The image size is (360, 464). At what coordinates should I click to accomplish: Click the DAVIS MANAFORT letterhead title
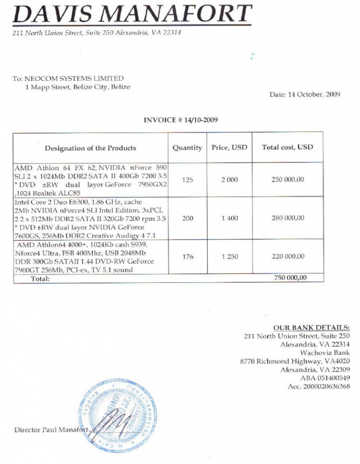131,14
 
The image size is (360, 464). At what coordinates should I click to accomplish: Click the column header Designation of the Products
90,148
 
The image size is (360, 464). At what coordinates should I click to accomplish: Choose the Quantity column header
187,148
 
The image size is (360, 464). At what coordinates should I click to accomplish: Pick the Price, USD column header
230,148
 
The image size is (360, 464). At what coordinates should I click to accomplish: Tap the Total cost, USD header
287,148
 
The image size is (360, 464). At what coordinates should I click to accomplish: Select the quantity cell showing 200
188,219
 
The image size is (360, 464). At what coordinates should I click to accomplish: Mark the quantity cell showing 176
188,257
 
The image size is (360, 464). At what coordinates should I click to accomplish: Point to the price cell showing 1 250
230,257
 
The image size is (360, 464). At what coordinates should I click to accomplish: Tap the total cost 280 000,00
287,219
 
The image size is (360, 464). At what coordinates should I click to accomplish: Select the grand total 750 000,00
291,278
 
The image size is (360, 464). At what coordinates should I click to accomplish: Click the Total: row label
40,279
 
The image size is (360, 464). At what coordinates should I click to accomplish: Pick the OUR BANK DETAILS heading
319,328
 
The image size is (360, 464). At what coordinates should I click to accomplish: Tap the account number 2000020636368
319,386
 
